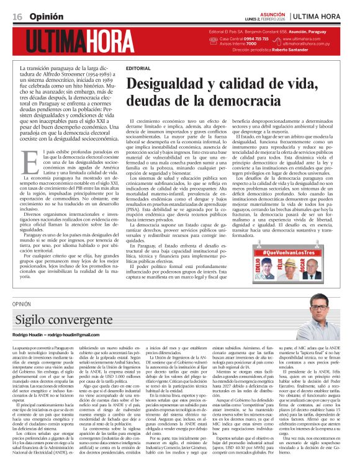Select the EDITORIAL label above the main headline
pyautogui.click(x=138, y=68)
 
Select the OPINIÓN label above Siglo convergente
pyautogui.click(x=20, y=304)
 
